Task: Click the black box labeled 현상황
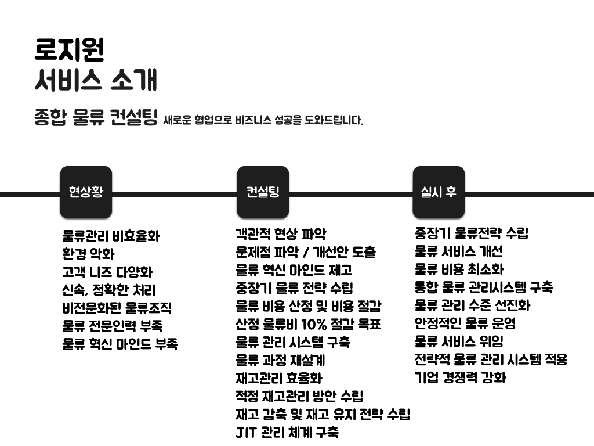point(86,192)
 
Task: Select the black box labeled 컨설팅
point(263,192)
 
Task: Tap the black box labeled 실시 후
point(439,192)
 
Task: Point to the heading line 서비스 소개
point(96,81)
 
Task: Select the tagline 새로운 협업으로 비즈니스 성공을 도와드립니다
point(263,121)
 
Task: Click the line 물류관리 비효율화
point(111,236)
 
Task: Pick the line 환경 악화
point(88,254)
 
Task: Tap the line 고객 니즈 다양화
point(107,272)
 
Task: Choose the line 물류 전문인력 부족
point(113,326)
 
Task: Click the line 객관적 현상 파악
point(281,234)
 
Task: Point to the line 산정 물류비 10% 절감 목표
point(308,324)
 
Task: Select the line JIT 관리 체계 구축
point(287,432)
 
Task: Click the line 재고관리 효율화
point(278,378)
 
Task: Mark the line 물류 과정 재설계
point(280,360)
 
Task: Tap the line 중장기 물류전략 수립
point(472,233)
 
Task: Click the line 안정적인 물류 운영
point(465,323)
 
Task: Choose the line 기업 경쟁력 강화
point(461,377)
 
